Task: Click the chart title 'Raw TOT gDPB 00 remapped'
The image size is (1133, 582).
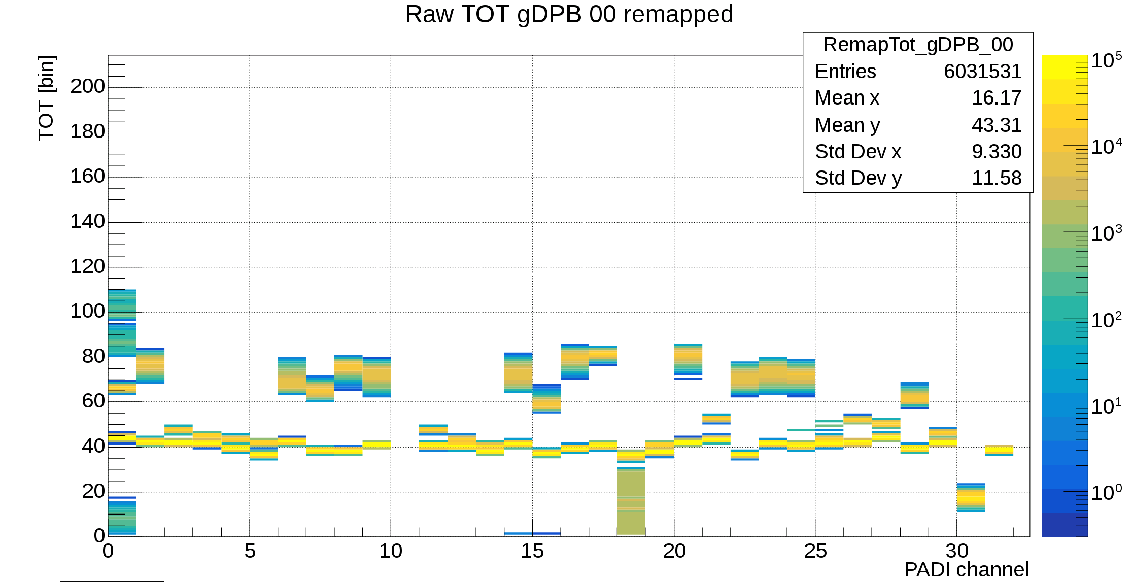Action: pos(569,14)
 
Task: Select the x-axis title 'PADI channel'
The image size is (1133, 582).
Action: pos(966,569)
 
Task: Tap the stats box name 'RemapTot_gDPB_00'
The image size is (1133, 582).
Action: pos(917,45)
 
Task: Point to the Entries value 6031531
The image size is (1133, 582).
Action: pos(982,72)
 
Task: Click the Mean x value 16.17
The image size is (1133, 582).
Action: pos(996,98)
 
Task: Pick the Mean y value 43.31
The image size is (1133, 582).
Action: pos(996,125)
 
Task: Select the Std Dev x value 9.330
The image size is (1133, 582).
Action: pos(996,152)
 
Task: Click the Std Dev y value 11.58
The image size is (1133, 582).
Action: pos(996,178)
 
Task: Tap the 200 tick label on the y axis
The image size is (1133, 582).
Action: pos(87,87)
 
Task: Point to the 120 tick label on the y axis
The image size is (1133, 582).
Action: pos(87,267)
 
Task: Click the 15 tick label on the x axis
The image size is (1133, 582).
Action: pos(532,551)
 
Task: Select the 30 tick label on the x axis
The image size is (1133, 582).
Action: pos(956,551)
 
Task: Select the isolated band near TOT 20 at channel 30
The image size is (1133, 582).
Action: pos(971,498)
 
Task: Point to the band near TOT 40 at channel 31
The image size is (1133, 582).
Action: pos(999,450)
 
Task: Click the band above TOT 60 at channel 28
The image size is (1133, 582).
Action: pos(914,395)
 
